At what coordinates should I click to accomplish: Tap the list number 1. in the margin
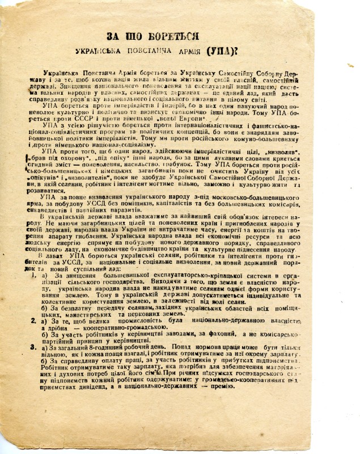click(34, 275)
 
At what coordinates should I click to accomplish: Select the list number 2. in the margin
click(34, 322)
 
